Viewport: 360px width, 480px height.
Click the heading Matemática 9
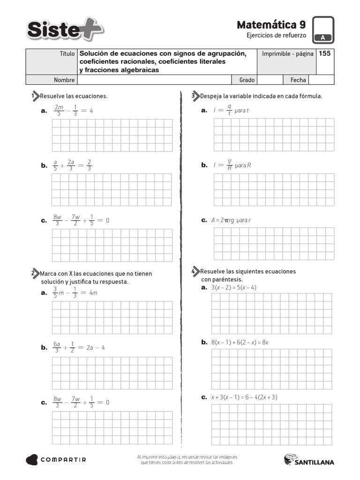coord(271,24)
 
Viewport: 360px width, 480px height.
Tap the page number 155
coord(325,53)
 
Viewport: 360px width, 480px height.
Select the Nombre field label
coord(64,80)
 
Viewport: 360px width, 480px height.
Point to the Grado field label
coord(247,80)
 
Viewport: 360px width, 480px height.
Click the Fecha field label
coord(298,80)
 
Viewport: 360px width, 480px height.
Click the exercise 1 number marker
coord(35,96)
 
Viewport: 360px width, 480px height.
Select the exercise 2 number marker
coord(35,273)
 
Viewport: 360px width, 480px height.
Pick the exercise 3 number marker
coord(195,96)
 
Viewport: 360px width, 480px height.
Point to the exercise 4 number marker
coord(195,271)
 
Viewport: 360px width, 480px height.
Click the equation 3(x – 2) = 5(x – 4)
coord(234,287)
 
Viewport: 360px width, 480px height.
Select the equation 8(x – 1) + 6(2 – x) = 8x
coord(240,342)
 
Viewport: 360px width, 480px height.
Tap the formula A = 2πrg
coord(222,220)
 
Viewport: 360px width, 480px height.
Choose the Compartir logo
coord(56,460)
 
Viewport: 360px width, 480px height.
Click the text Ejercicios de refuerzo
coord(276,36)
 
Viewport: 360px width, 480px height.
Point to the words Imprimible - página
coord(287,54)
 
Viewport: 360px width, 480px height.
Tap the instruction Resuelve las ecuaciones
coord(74,96)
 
